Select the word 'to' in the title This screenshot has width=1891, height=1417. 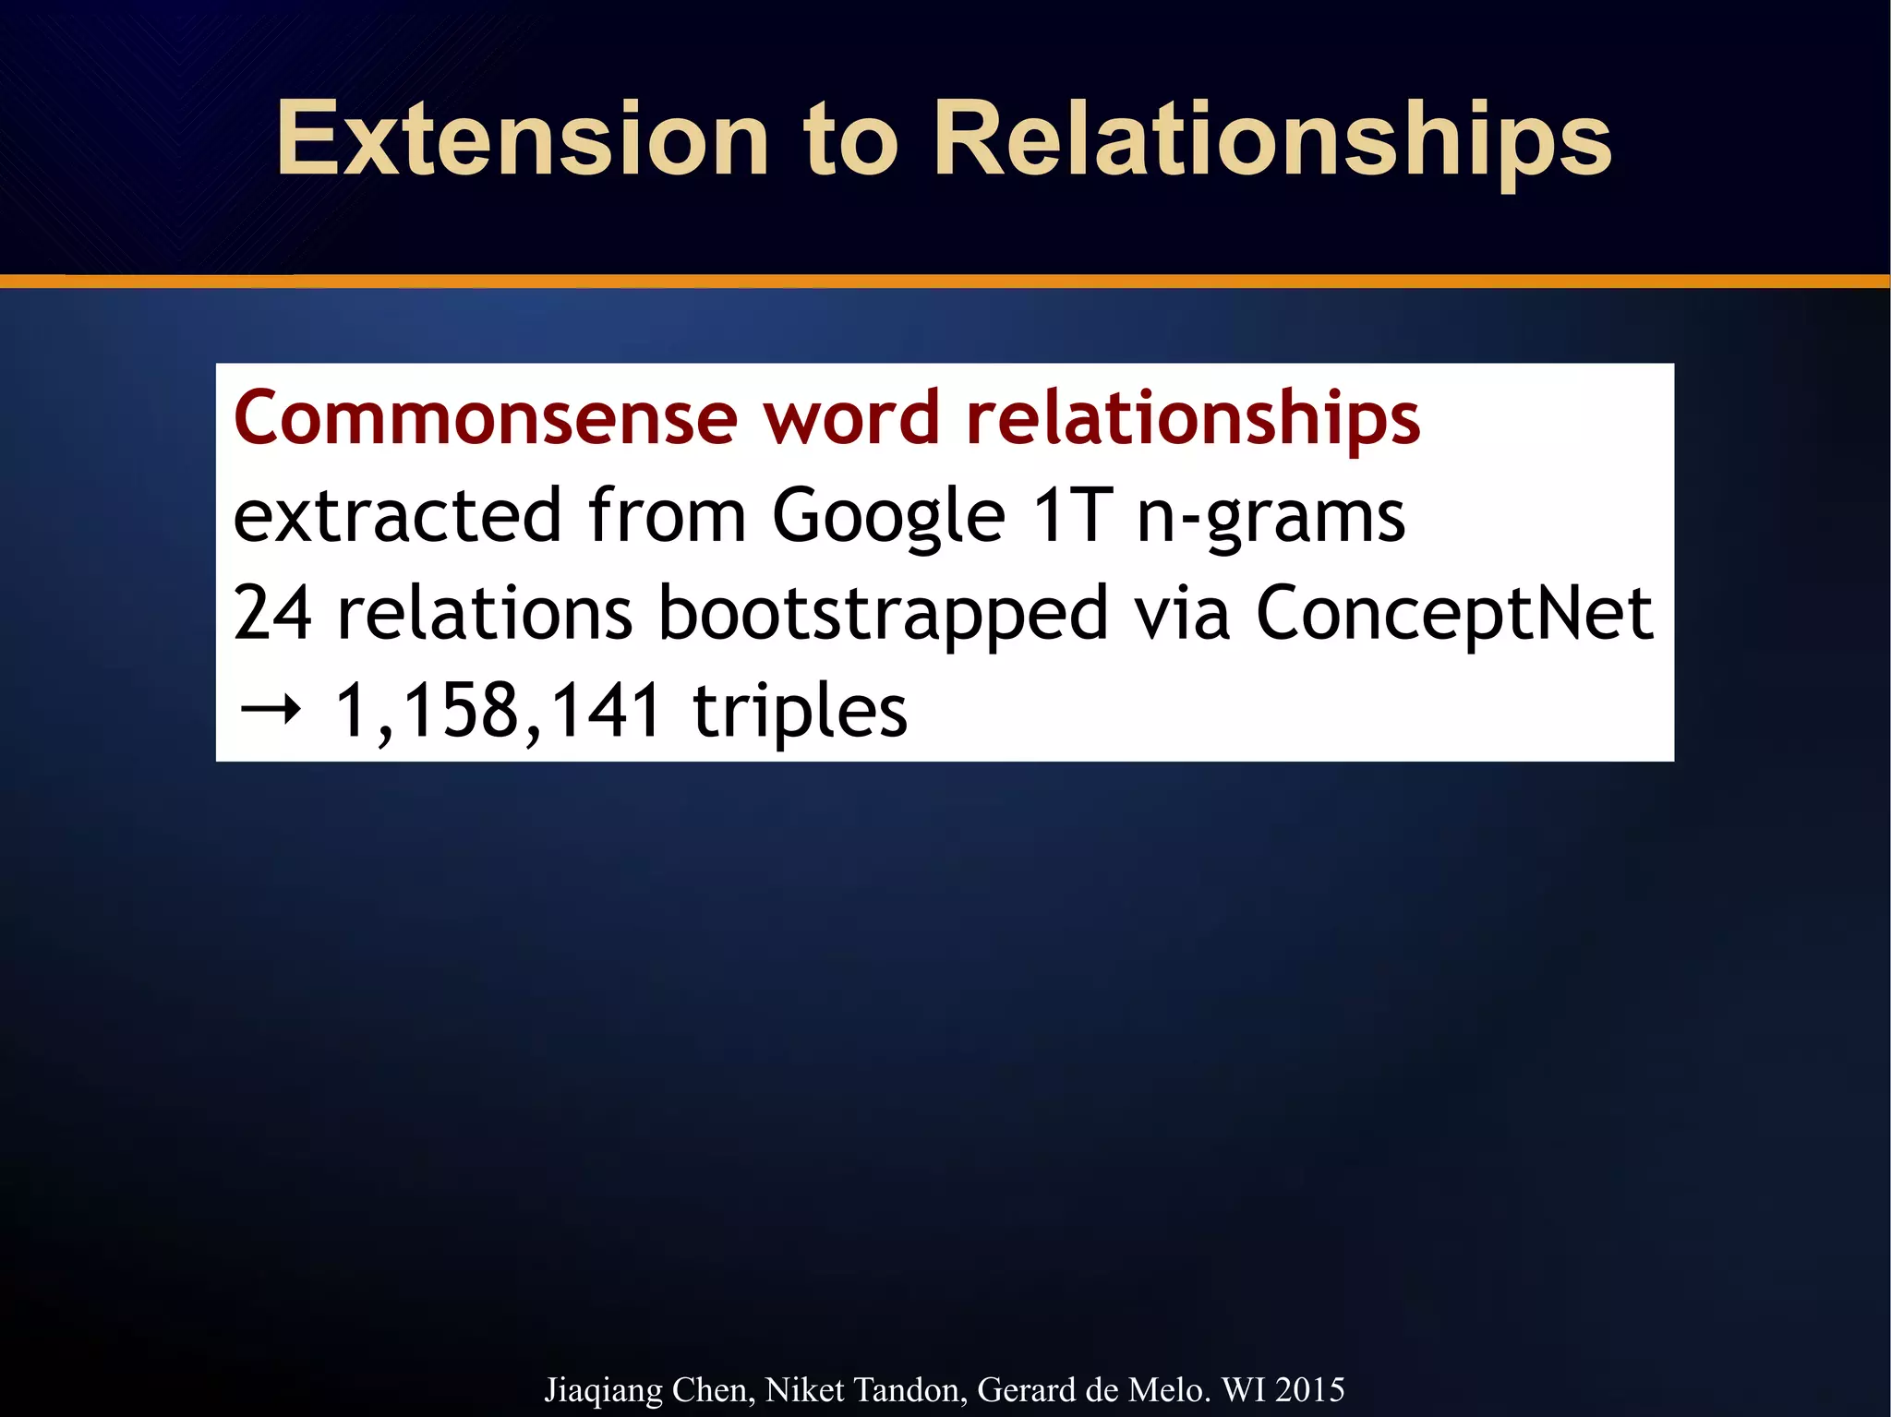click(850, 140)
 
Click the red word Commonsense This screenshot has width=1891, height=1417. click(486, 418)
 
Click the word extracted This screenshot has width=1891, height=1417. click(397, 515)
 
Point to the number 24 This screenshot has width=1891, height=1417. click(272, 614)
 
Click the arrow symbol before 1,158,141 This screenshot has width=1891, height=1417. click(270, 711)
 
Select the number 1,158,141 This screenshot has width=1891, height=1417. click(497, 712)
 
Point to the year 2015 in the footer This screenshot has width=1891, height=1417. click(1309, 1389)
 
